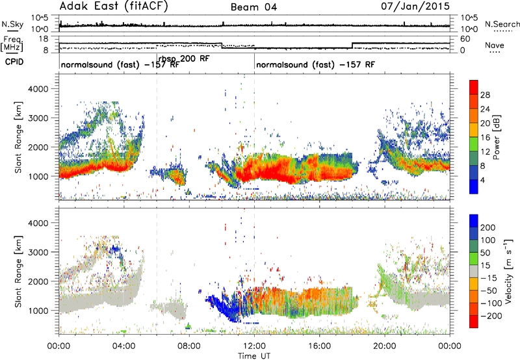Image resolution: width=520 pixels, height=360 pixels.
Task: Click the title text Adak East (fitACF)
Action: (114, 6)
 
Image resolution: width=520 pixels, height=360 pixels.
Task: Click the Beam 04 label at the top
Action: (253, 7)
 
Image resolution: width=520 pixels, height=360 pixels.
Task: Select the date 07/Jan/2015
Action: (415, 6)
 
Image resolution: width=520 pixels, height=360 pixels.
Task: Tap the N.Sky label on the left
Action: (12, 24)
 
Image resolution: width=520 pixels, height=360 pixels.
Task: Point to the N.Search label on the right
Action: (502, 24)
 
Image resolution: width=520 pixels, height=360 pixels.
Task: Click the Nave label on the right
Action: (495, 45)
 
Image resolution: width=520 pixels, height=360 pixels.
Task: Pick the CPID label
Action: (14, 62)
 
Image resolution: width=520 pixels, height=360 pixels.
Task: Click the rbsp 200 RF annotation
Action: (184, 59)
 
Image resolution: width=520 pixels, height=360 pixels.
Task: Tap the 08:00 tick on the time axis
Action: (189, 346)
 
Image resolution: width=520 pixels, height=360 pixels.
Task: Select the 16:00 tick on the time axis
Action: (319, 346)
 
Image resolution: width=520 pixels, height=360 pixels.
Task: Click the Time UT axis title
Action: (254, 355)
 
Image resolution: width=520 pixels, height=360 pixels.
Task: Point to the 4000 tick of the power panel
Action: (39, 89)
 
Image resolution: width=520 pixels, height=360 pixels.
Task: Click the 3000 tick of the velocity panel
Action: (39, 252)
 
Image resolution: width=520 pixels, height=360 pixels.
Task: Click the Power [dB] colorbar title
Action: (497, 137)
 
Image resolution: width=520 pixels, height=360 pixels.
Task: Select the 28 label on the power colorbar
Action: (485, 95)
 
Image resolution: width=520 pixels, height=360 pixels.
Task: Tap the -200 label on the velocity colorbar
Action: (491, 316)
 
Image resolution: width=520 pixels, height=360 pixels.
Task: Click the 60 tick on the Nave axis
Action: (465, 39)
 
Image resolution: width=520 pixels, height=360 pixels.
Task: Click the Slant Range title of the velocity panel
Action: (18, 272)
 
